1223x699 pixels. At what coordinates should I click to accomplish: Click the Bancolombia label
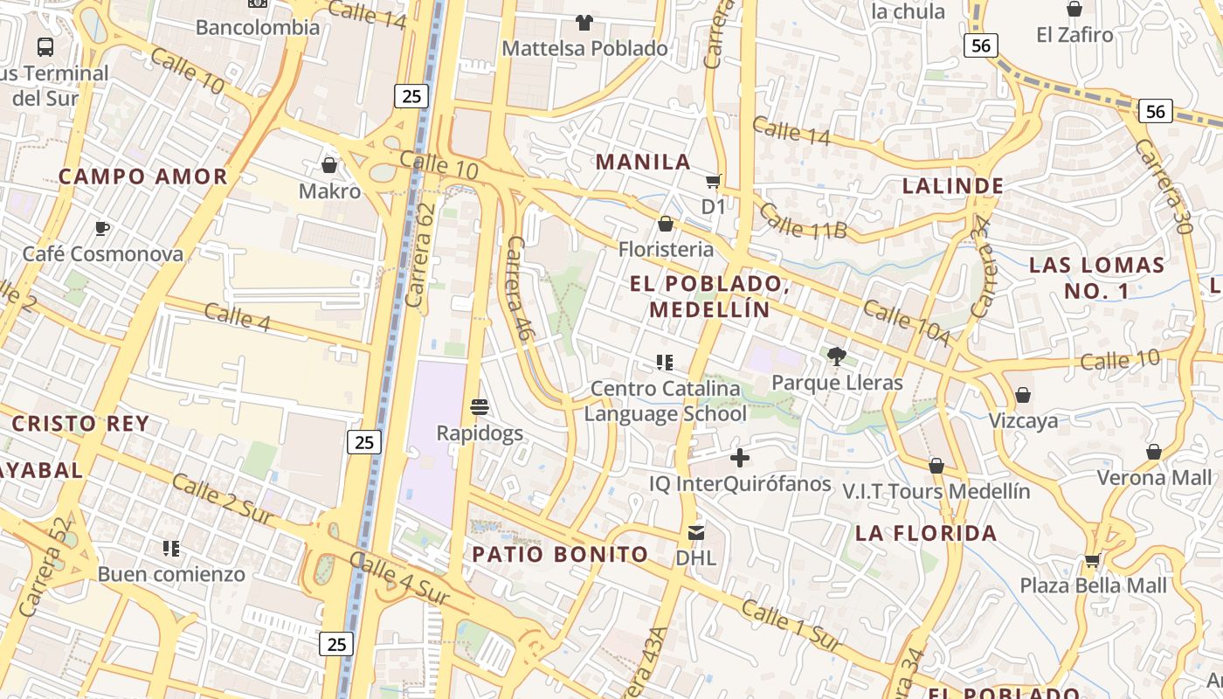click(257, 27)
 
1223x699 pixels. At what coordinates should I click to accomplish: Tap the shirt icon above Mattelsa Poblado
click(584, 22)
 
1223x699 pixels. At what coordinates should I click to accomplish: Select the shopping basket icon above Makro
click(329, 164)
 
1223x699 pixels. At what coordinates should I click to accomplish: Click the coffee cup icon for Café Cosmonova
click(102, 228)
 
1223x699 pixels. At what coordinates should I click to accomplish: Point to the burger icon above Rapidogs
click(479, 406)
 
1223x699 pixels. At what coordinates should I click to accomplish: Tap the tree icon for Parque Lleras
click(836, 356)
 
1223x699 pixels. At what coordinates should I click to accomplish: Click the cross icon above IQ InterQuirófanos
click(740, 457)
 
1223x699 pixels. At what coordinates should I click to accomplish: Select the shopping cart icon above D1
click(714, 181)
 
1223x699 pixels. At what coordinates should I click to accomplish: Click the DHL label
click(695, 557)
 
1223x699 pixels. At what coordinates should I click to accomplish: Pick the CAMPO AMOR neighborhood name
click(142, 176)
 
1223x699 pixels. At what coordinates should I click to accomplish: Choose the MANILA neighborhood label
click(643, 162)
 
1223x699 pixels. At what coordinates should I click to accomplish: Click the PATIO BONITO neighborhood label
click(560, 554)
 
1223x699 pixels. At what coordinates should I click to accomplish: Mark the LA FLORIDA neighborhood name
click(925, 533)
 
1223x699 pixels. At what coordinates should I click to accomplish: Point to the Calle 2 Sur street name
click(223, 501)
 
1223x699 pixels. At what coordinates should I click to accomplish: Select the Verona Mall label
click(1154, 477)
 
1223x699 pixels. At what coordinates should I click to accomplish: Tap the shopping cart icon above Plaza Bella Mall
click(1092, 560)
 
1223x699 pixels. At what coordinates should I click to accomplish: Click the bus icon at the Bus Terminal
click(45, 46)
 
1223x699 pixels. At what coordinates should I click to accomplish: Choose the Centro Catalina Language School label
click(665, 401)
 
